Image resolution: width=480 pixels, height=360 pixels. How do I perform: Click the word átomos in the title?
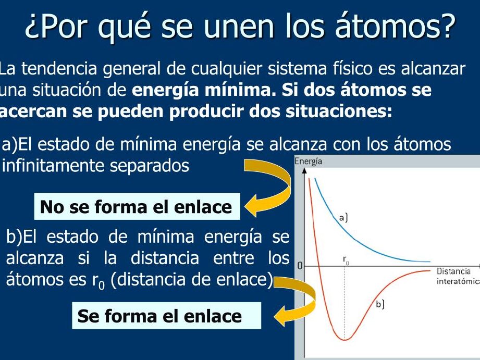pyautogui.click(x=395, y=26)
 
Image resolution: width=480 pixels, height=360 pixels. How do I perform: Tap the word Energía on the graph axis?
pyautogui.click(x=308, y=161)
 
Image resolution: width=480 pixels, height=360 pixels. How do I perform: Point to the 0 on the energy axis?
pyautogui.click(x=300, y=266)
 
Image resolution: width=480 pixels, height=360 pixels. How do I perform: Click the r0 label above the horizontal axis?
pyautogui.click(x=346, y=260)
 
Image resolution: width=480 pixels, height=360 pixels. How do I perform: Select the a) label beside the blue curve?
pyautogui.click(x=343, y=218)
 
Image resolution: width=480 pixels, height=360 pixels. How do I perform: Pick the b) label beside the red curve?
pyautogui.click(x=380, y=304)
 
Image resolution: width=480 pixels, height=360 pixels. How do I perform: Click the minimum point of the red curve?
pyautogui.click(x=345, y=340)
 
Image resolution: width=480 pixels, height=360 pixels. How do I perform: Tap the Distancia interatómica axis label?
pyautogui.click(x=458, y=276)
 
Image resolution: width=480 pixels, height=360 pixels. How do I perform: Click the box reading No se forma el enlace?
pyautogui.click(x=137, y=206)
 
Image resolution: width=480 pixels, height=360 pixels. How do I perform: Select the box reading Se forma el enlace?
pyautogui.click(x=167, y=316)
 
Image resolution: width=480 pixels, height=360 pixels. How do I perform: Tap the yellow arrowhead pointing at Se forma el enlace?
pyautogui.click(x=281, y=315)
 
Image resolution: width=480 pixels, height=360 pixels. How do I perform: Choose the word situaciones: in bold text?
pyautogui.click(x=339, y=111)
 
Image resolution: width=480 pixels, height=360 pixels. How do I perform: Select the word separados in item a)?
pyautogui.click(x=150, y=166)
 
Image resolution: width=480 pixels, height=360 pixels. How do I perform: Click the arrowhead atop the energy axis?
pyautogui.click(x=304, y=170)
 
